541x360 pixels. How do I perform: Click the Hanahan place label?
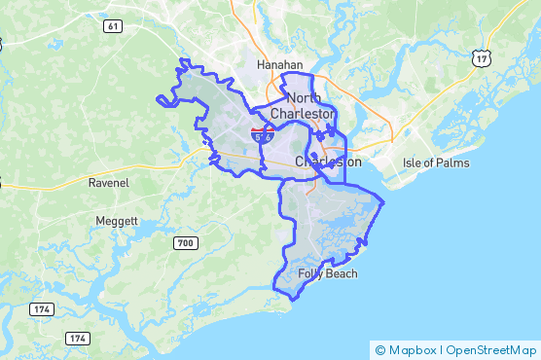click(x=280, y=65)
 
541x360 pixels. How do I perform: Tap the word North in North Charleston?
click(x=304, y=98)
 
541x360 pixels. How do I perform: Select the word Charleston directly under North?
click(x=302, y=114)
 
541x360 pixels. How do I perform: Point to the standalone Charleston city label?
click(x=328, y=162)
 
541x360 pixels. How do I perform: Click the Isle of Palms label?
click(x=435, y=162)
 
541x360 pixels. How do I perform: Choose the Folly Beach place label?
click(x=328, y=273)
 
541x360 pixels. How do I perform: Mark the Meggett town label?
click(x=117, y=221)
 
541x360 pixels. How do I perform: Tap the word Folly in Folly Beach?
click(x=311, y=273)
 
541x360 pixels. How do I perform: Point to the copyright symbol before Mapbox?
click(x=380, y=349)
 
